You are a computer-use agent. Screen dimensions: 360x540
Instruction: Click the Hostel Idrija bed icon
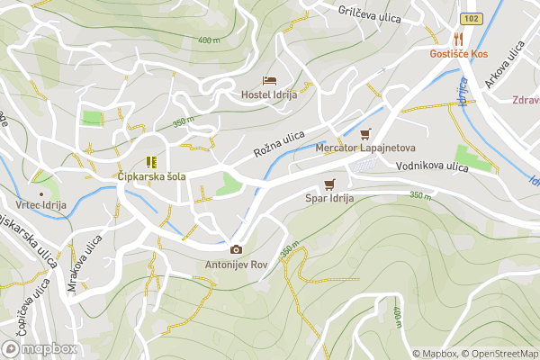coord(268,82)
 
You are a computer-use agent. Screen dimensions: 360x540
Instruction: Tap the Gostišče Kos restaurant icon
coord(458,39)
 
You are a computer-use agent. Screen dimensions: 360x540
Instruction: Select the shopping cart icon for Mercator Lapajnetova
coord(364,133)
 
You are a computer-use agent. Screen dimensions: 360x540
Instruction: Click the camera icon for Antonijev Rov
coord(236,249)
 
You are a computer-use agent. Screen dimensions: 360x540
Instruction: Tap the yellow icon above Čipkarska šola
coord(150,162)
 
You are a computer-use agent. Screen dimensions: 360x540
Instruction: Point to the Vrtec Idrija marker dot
coord(40,193)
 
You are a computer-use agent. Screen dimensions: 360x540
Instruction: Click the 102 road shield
coord(469,18)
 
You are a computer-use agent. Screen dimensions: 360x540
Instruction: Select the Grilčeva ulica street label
coord(373,12)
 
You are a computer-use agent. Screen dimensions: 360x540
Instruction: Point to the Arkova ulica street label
coord(504,67)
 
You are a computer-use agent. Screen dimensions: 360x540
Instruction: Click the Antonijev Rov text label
coord(236,265)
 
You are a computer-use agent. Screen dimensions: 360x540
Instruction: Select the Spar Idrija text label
coord(329,198)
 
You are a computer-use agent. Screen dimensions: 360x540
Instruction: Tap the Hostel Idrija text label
coord(268,95)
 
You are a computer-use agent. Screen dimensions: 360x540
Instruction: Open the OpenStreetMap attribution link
coord(500,354)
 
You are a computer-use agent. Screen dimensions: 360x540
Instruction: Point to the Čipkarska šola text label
coord(151,176)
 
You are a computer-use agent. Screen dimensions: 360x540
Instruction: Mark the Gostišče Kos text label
coord(458,54)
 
